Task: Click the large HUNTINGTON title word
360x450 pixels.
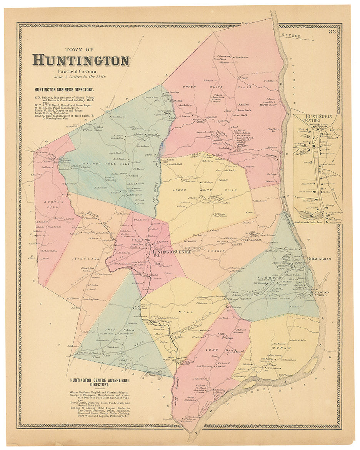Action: click(81, 60)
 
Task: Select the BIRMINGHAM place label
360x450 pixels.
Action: click(319, 259)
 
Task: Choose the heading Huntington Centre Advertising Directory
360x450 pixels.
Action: click(100, 382)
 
